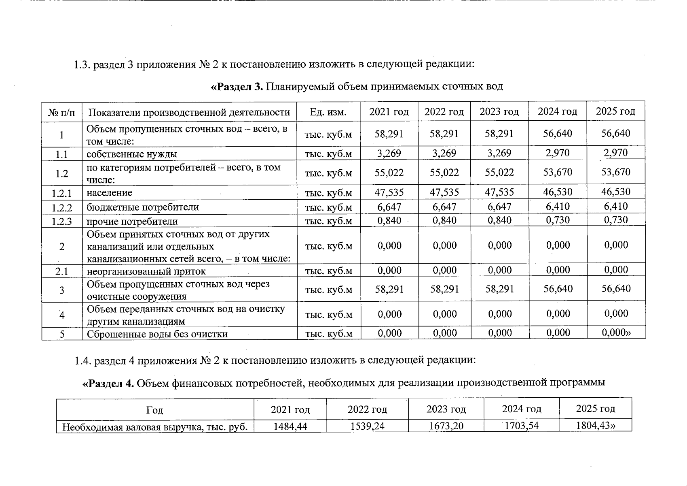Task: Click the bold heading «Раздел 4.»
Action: (x=108, y=383)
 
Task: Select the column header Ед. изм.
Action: (x=328, y=112)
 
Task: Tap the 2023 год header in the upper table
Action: (x=499, y=111)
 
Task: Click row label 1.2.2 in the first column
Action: (x=62, y=208)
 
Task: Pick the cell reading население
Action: (x=110, y=193)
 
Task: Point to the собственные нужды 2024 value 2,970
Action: (x=557, y=153)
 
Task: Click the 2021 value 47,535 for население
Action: (x=389, y=192)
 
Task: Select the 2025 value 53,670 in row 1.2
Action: (x=615, y=172)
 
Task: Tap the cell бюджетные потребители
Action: (x=143, y=207)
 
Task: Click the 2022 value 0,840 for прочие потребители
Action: (x=444, y=220)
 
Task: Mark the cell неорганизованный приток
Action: (x=146, y=271)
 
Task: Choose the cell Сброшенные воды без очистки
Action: (x=157, y=334)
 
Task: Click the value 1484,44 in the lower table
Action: (x=290, y=426)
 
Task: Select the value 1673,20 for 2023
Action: (x=446, y=426)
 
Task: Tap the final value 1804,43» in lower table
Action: (x=595, y=426)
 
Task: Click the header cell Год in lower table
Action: (x=154, y=410)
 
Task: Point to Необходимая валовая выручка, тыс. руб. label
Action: (x=154, y=426)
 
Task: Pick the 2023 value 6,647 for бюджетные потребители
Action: (x=499, y=207)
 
